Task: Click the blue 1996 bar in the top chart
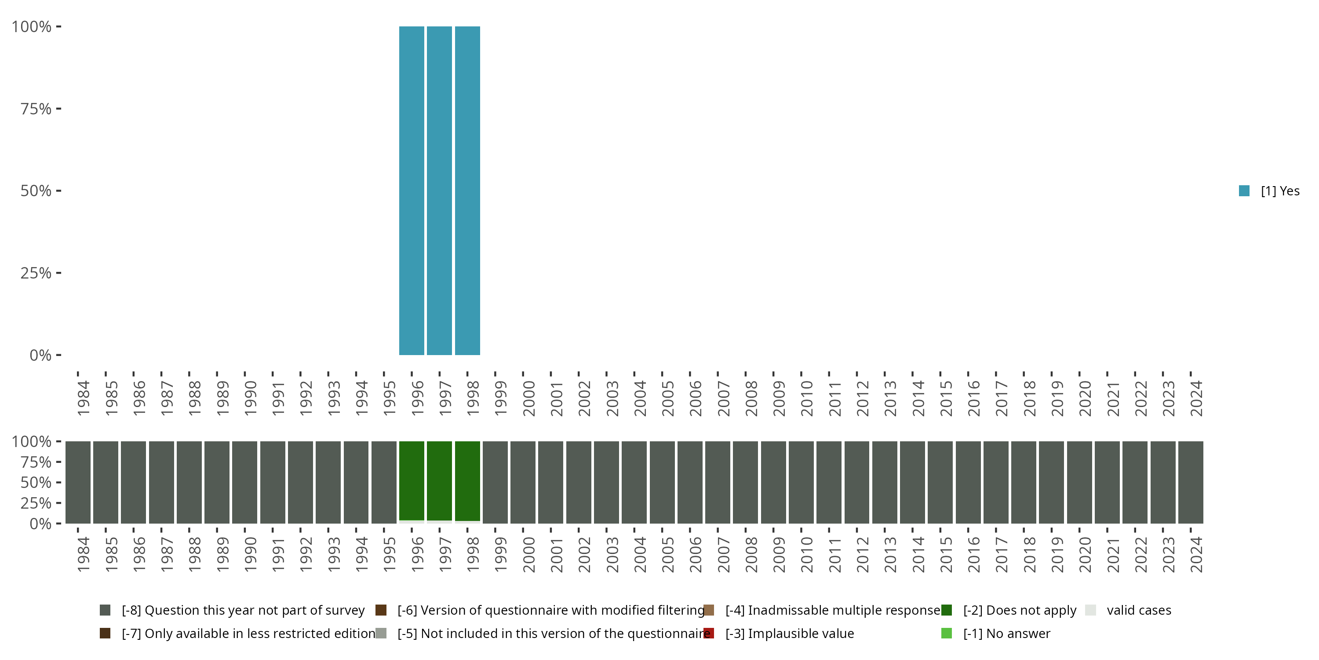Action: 412,190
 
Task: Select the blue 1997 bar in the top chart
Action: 439,190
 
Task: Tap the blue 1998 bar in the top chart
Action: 467,190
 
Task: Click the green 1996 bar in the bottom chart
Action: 412,480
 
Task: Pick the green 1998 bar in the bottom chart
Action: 467,480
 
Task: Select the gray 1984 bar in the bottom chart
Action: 78,482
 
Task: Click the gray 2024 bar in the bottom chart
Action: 1191,482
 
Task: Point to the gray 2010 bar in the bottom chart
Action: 801,482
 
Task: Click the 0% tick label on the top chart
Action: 40,355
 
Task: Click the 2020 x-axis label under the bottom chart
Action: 1085,554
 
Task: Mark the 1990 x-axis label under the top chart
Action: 250,398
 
